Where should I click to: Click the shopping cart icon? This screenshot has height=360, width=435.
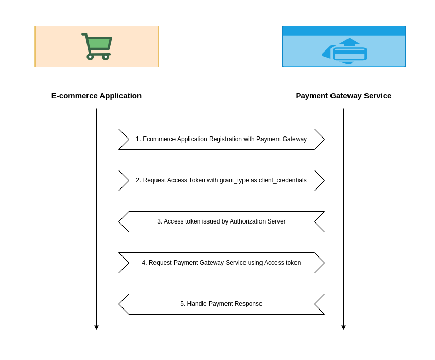(97, 46)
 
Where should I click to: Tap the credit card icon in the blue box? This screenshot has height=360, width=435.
(350, 54)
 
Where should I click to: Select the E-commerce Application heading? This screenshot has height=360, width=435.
(96, 96)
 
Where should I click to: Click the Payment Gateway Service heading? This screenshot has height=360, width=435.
(343, 96)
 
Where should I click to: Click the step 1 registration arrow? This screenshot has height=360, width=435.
(221, 139)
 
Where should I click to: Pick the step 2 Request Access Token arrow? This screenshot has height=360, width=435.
(221, 180)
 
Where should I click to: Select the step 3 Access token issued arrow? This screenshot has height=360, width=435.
(221, 221)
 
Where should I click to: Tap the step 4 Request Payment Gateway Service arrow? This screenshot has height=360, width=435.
(221, 263)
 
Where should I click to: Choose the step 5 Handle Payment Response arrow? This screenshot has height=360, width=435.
(221, 304)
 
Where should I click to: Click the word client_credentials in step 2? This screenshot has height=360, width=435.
(283, 180)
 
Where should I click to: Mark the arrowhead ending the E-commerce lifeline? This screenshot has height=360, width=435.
(96, 327)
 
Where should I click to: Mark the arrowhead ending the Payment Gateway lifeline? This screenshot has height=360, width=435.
(343, 327)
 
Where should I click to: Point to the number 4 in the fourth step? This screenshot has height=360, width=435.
(144, 263)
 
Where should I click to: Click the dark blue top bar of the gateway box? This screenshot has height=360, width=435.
(344, 31)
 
